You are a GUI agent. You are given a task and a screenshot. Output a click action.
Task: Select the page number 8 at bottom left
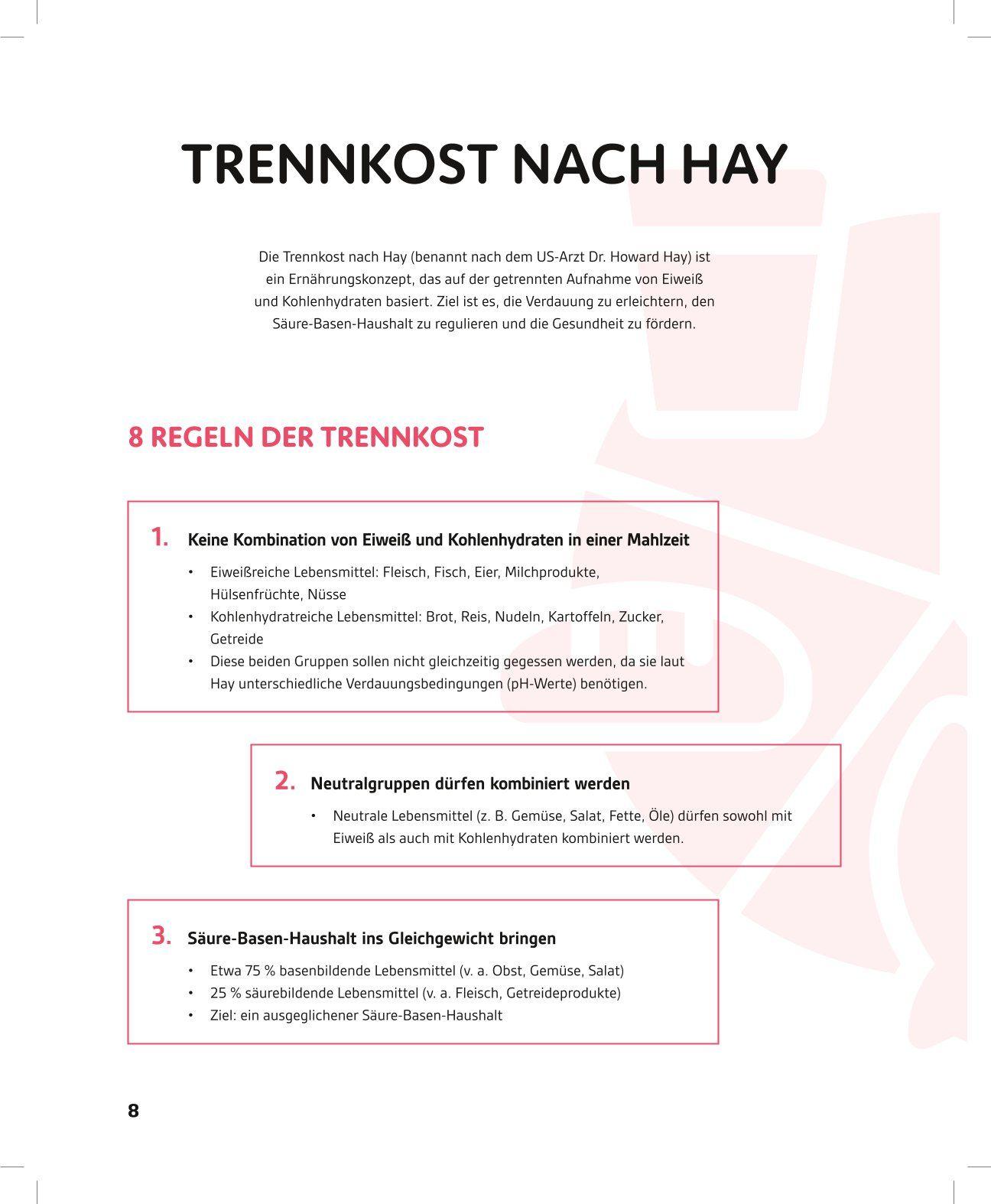(x=133, y=1111)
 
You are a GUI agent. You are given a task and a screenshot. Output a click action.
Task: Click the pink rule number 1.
(x=160, y=537)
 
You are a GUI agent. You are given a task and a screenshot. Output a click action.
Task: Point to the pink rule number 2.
(x=284, y=781)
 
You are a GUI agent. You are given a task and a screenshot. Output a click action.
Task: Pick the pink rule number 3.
(x=161, y=936)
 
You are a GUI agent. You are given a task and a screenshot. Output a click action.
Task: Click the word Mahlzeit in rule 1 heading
(x=658, y=540)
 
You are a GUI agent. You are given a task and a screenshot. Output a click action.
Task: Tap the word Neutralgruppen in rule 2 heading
(x=370, y=784)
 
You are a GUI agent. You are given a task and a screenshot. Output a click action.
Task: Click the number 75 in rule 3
(x=253, y=971)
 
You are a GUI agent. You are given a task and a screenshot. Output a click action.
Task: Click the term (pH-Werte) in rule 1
(x=541, y=684)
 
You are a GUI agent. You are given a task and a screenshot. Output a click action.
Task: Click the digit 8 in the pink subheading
(x=136, y=438)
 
